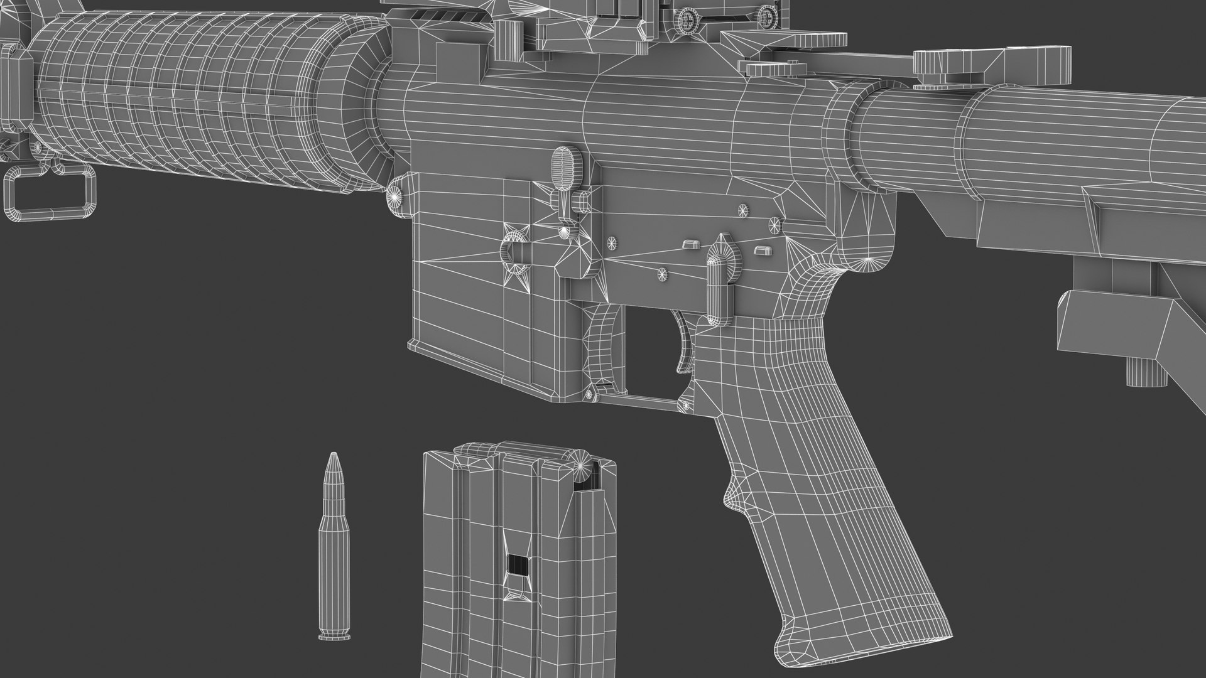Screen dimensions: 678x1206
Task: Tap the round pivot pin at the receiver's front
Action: point(396,196)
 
